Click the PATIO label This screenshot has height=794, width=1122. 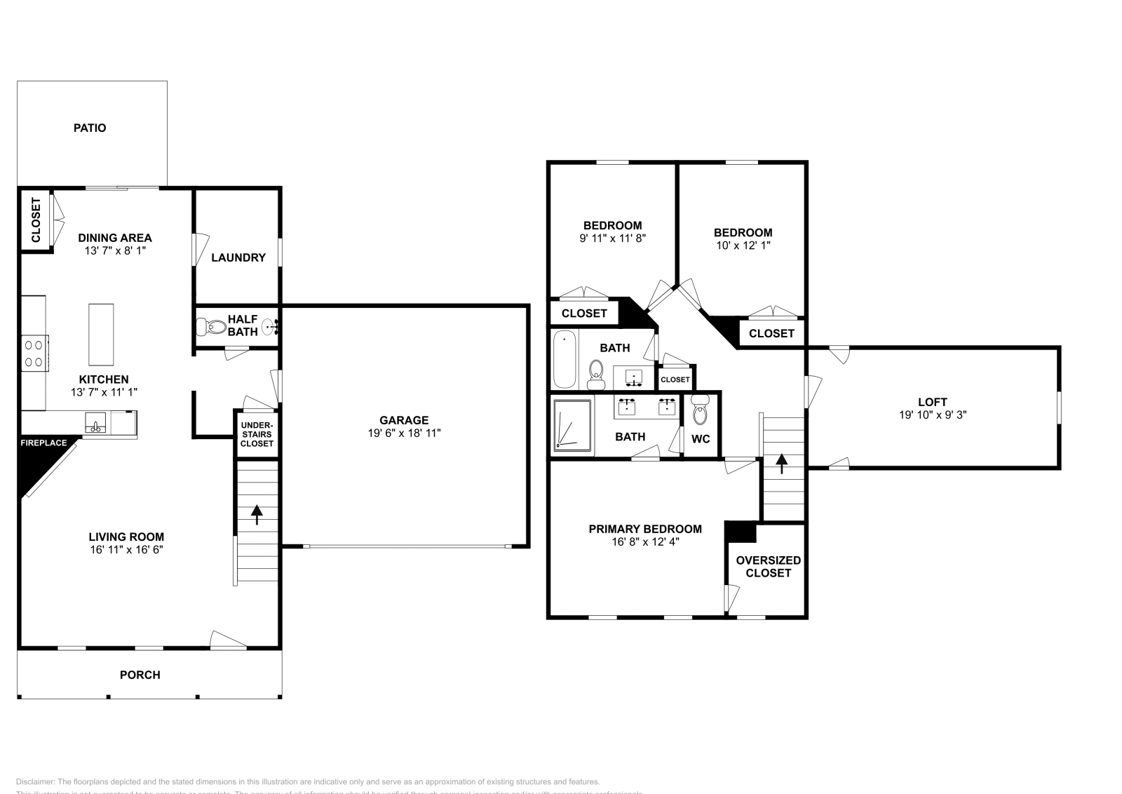90,128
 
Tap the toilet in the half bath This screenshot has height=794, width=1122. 212,326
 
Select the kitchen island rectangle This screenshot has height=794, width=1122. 101,334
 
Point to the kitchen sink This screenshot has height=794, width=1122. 95,423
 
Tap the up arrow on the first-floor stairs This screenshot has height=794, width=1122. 257,514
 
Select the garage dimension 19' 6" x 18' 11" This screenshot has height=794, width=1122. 404,433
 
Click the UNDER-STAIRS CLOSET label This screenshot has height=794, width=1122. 257,434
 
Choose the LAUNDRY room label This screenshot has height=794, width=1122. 238,257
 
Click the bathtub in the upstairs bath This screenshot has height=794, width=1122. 564,360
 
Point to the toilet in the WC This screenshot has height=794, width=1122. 700,412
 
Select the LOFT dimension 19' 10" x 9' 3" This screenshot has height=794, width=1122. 932,415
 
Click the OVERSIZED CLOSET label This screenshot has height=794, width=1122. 768,566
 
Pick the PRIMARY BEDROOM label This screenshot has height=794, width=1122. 644,529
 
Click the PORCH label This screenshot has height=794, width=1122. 140,675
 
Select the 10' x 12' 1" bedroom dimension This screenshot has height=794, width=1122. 743,245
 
